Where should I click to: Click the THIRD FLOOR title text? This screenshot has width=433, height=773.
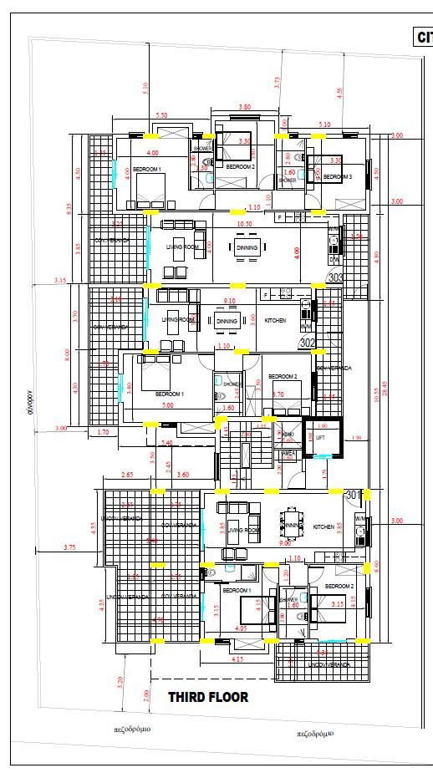(208, 697)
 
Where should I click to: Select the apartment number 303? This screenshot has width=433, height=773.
(335, 277)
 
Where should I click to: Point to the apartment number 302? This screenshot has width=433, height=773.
(307, 343)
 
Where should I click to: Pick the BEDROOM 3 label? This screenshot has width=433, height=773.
(337, 177)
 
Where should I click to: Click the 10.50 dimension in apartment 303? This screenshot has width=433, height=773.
(245, 224)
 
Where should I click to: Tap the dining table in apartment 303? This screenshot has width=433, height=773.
(248, 248)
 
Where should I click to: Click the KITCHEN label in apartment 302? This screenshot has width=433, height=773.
(275, 321)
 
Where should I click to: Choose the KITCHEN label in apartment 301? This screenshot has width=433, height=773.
(323, 527)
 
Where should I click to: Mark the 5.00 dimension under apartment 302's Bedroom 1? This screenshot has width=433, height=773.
(168, 405)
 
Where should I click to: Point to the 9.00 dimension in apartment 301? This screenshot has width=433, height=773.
(285, 544)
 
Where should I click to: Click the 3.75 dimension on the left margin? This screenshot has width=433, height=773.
(69, 547)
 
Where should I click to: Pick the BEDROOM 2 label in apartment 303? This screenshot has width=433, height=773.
(240, 166)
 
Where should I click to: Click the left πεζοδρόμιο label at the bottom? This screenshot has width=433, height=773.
(132, 729)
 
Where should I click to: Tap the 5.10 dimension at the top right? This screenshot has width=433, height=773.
(324, 125)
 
